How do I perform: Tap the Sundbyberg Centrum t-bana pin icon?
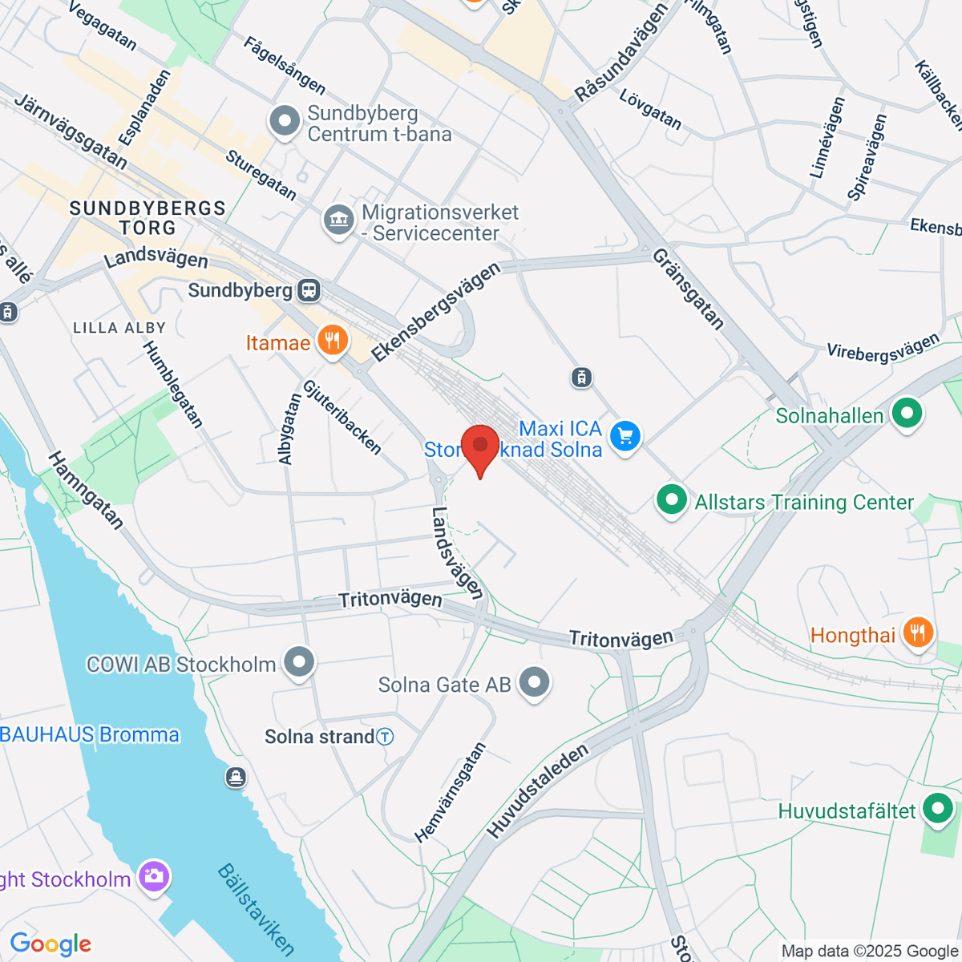coord(285,123)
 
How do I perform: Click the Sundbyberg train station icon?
coord(309,290)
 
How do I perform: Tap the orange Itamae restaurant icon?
coord(332,342)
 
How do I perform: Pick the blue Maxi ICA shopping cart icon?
coord(625,437)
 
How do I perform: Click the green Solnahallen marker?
coord(907,414)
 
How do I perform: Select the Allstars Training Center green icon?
coord(672,501)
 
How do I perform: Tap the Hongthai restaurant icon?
coord(918,633)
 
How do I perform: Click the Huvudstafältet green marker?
coord(938,809)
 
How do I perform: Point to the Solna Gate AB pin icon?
coord(534,683)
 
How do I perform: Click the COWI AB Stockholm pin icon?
coord(300,663)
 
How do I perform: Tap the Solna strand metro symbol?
coord(386,737)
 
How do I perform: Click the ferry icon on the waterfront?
coord(236,777)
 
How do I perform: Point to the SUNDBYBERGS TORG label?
coord(148,218)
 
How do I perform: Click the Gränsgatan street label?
coord(688,289)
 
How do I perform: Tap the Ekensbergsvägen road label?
coord(435,312)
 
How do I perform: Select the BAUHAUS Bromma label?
coord(90,734)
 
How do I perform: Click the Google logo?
coord(51,944)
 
